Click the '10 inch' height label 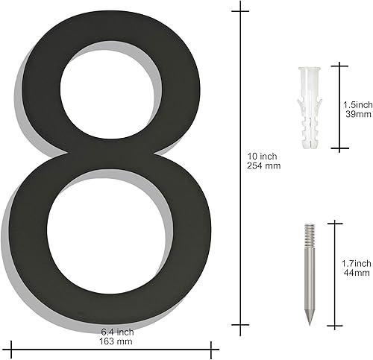tap(263, 155)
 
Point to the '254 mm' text tap(263, 165)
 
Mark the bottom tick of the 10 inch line tap(240, 325)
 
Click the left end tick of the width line tap(13, 347)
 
